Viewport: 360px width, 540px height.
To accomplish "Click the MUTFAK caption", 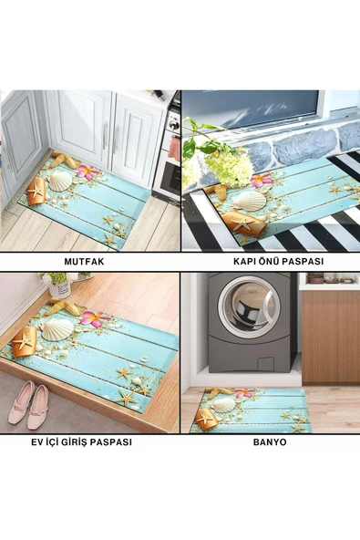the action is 84,262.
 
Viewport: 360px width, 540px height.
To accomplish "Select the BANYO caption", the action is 270,441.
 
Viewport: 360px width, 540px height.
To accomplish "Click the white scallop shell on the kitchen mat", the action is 60,182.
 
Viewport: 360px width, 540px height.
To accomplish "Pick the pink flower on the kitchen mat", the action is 87,171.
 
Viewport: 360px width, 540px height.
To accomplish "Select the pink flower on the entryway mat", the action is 94,318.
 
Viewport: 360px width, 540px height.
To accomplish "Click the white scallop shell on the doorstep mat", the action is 250,201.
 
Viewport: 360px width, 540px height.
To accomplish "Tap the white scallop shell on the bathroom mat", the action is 223,405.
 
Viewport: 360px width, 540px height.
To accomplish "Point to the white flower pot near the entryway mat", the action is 59,288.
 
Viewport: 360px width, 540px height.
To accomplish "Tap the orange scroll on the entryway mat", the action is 25,342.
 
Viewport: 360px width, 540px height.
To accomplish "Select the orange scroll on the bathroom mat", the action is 206,420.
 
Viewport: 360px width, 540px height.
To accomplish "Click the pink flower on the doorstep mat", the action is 261,180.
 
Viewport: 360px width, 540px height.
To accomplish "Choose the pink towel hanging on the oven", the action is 175,149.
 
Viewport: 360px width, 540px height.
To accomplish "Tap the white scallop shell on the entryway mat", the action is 57,329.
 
